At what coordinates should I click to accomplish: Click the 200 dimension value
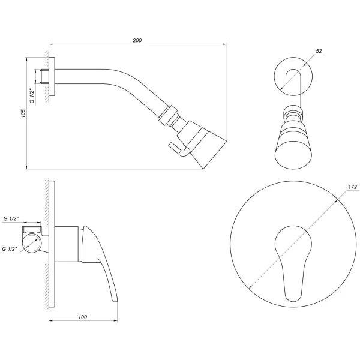[x=137, y=40]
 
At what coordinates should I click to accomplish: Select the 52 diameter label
[x=319, y=52]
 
